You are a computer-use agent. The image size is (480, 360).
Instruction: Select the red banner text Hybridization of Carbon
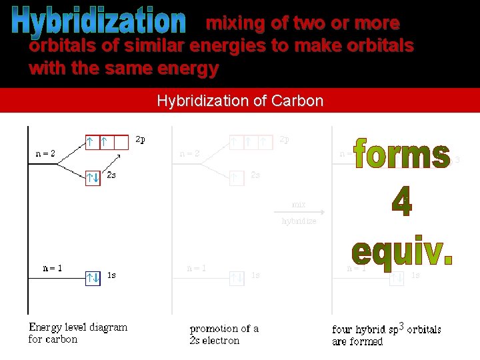click(240, 101)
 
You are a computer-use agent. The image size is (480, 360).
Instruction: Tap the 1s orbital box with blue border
click(93, 278)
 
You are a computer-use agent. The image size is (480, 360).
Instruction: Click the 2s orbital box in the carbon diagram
click(93, 177)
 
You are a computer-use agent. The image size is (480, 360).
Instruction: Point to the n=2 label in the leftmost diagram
click(45, 153)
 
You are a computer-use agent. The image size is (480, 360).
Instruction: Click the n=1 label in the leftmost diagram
click(53, 268)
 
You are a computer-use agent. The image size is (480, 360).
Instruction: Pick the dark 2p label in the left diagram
click(140, 140)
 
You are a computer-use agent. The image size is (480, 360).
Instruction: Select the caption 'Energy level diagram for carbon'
click(77, 333)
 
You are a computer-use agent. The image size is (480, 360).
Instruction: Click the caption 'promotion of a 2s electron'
click(224, 335)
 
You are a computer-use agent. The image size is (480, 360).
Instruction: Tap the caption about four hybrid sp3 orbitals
click(387, 335)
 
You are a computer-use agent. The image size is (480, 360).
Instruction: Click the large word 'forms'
click(402, 155)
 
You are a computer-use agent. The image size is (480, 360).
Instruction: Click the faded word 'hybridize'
click(299, 221)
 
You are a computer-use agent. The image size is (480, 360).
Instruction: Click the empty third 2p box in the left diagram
click(121, 142)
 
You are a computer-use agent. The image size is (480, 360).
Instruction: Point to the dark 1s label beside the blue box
click(111, 275)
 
